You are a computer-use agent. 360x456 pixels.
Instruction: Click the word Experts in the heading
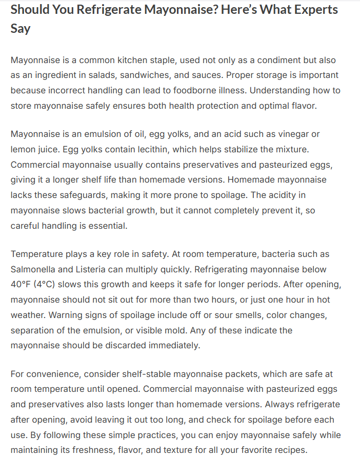pyautogui.click(x=306, y=10)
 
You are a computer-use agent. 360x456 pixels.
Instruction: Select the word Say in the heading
pyautogui.click(x=21, y=28)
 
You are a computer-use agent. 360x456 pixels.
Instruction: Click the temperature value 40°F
pyautogui.click(x=23, y=285)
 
